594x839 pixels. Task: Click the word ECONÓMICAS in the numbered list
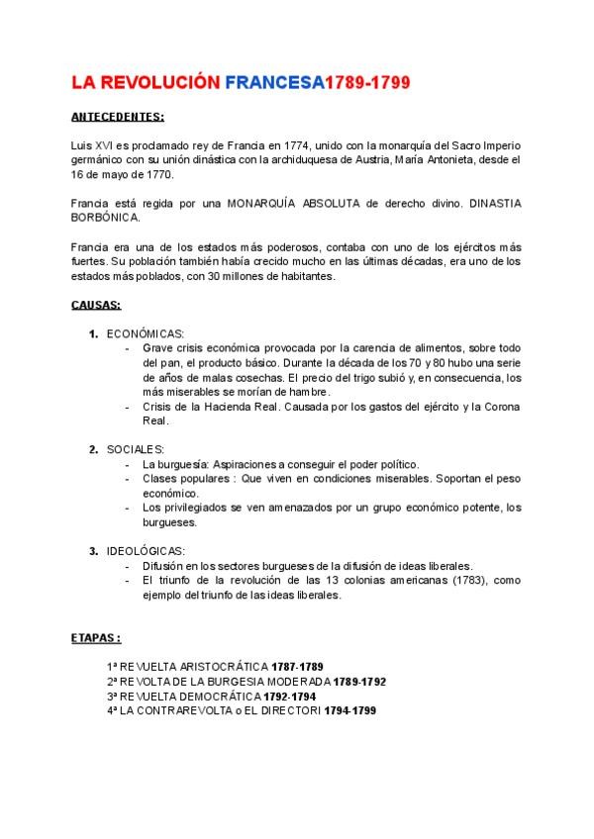click(146, 333)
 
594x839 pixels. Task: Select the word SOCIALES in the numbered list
click(136, 449)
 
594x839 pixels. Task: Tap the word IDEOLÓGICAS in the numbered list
click(146, 551)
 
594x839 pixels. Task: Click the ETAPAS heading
click(97, 638)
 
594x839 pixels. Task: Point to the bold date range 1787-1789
click(298, 667)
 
